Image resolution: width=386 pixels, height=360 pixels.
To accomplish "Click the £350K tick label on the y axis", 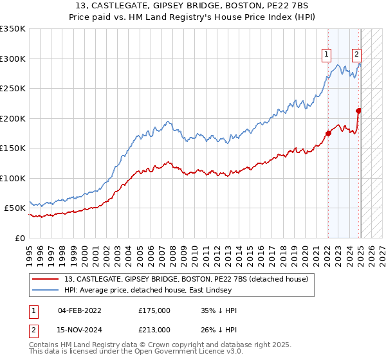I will [x=13, y=29].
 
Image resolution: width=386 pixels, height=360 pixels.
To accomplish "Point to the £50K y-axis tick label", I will [x=15, y=208].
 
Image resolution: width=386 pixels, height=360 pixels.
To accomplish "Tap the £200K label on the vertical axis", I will [x=13, y=118].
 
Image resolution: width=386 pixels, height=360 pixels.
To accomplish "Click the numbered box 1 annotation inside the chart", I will [x=327, y=55].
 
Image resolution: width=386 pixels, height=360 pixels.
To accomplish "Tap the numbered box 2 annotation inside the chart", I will [x=356, y=55].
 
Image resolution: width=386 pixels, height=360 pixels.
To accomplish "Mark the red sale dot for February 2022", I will [x=328, y=133].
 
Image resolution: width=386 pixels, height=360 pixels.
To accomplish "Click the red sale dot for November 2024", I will [x=358, y=111].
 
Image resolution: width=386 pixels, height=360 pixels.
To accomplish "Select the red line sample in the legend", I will [x=46, y=279].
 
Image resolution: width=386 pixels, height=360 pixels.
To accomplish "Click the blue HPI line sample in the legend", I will [x=46, y=290].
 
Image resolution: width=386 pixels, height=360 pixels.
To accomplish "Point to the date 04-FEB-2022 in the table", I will [x=79, y=310].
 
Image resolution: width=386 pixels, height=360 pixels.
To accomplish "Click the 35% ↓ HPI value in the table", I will [x=219, y=310].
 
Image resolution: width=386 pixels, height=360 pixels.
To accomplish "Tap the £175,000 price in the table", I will [x=154, y=310].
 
